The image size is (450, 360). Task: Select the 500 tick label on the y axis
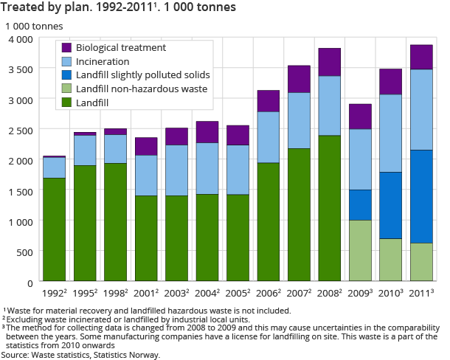[x=24, y=252]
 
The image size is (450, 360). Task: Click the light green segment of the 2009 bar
[x=360, y=250]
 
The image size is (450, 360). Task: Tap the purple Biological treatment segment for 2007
[x=299, y=79]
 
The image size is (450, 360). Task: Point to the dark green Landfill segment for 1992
[x=54, y=229]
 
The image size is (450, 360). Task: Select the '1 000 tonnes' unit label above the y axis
[x=34, y=26]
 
